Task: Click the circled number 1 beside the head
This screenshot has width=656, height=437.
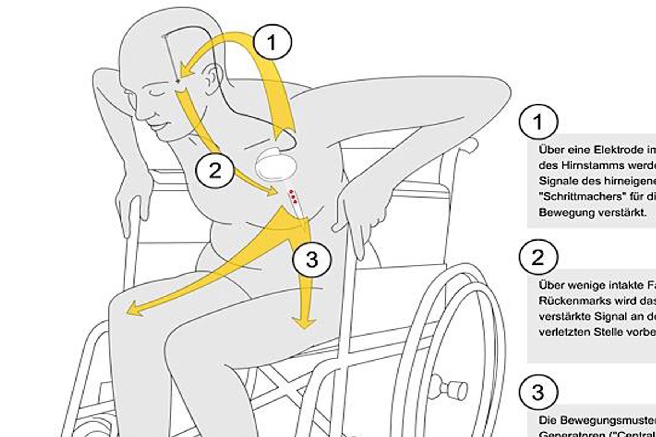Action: tap(272, 42)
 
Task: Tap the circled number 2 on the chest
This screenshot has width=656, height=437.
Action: tap(215, 170)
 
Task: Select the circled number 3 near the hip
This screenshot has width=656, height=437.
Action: tap(312, 260)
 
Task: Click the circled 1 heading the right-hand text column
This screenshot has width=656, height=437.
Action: tap(538, 122)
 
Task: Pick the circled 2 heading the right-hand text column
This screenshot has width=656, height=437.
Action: tap(538, 257)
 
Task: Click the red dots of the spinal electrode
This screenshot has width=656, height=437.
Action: tap(293, 196)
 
